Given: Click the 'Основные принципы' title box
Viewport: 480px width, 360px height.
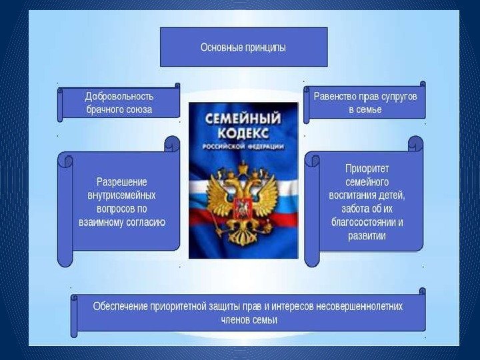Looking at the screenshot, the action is point(243,47).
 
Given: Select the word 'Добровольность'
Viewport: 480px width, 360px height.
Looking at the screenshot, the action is point(119,96).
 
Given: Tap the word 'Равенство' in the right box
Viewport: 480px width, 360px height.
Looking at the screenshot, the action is point(336,96).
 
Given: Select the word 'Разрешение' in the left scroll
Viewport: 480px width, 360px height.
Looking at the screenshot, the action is point(122,181).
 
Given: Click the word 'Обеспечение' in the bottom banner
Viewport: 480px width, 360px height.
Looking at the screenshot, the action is point(121,306).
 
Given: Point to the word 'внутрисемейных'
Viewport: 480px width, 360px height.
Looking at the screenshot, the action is point(122,195).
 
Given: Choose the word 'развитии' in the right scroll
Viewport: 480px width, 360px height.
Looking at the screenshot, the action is point(366,236).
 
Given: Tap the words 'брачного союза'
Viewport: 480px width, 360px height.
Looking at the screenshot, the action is point(119,109).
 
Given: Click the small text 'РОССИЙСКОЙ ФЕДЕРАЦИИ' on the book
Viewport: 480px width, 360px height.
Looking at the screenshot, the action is point(242,146).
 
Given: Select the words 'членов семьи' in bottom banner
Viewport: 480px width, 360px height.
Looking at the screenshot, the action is point(249,319).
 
